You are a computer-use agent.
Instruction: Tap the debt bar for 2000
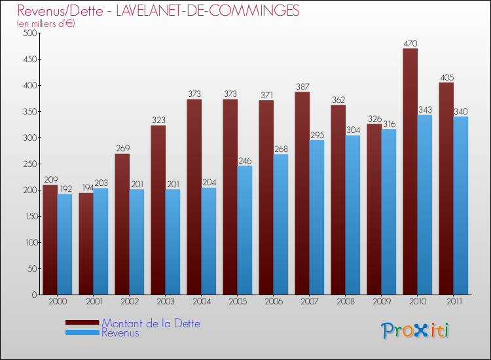tap(50, 240)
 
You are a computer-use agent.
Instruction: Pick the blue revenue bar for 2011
tap(460, 206)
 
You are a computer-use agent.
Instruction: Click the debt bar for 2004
tap(194, 196)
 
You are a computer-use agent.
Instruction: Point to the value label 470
tap(410, 44)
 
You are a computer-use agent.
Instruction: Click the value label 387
tap(302, 87)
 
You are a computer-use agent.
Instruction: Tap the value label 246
tap(244, 161)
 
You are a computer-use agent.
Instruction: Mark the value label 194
tap(86, 188)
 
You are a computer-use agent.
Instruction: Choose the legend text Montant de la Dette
tap(151, 323)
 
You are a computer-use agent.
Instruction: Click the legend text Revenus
tap(120, 333)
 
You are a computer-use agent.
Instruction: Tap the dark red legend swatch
tap(82, 323)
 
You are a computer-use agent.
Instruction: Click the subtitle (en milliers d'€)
tap(46, 24)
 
